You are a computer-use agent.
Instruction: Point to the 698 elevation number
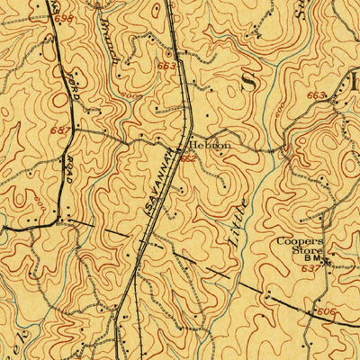click(63, 19)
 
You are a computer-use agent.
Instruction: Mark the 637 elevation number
click(310, 267)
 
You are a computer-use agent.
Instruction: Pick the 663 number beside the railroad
click(166, 66)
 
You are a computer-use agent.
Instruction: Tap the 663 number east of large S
click(316, 94)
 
